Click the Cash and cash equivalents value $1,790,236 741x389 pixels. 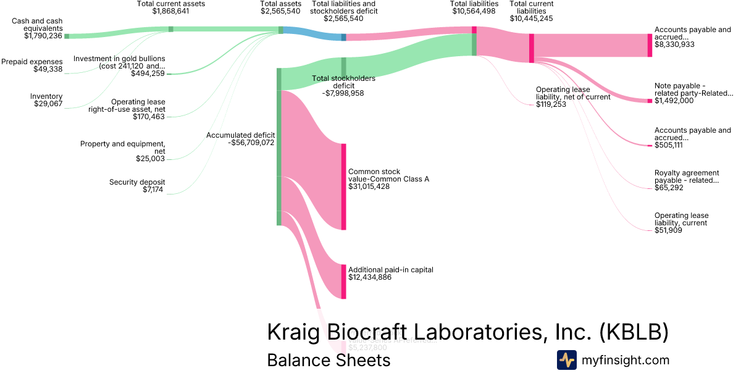point(43,36)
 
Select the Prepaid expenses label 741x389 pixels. point(32,62)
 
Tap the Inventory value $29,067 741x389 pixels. point(48,104)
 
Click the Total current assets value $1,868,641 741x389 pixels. point(171,11)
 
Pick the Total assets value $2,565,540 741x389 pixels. point(280,11)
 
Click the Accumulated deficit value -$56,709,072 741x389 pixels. point(251,143)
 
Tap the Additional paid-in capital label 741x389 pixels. point(390,270)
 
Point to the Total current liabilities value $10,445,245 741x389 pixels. point(531,19)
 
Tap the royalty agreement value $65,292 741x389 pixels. point(669,188)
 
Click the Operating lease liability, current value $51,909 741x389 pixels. point(670,230)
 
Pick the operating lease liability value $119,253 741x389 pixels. point(551,104)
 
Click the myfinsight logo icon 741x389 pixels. point(566,360)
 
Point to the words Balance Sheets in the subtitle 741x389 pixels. point(329,360)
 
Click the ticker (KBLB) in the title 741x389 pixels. point(634,332)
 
